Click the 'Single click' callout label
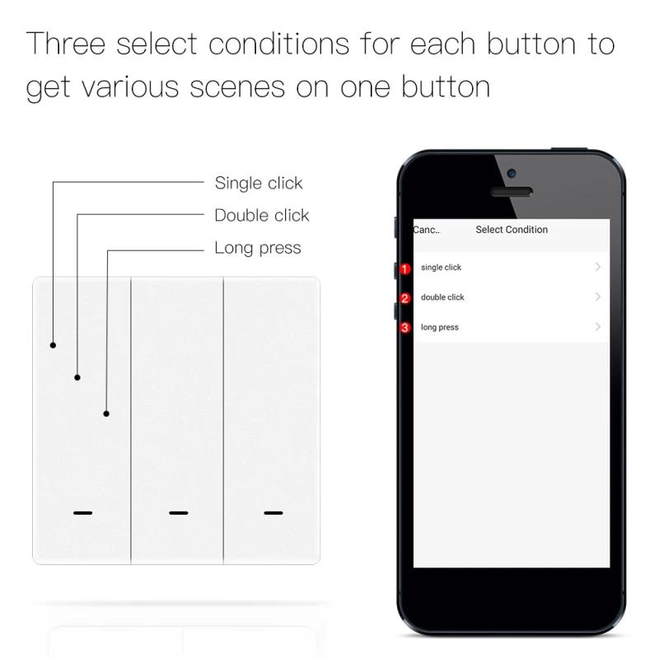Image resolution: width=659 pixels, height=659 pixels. [259, 183]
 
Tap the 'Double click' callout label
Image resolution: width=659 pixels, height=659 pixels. [262, 215]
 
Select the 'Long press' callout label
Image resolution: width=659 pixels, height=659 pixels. [258, 248]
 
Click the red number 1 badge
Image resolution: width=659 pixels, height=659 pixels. [404, 269]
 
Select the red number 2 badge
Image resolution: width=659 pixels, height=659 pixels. [404, 298]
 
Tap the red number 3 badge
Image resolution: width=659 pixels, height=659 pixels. [404, 328]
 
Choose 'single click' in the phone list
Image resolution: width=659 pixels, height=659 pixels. [442, 268]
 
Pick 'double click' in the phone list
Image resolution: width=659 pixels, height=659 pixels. [443, 297]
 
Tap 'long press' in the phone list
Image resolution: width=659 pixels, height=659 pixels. [440, 327]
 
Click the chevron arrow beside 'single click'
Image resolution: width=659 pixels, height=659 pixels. [598, 267]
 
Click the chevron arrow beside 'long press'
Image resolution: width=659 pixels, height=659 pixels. [598, 327]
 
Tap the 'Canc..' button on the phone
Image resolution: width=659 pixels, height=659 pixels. [426, 230]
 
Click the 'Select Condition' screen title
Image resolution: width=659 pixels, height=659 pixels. [512, 230]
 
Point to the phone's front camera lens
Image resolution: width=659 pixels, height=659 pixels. [512, 174]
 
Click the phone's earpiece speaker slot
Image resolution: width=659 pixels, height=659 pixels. [512, 192]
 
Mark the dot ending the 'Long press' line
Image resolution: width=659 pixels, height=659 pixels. [106, 414]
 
